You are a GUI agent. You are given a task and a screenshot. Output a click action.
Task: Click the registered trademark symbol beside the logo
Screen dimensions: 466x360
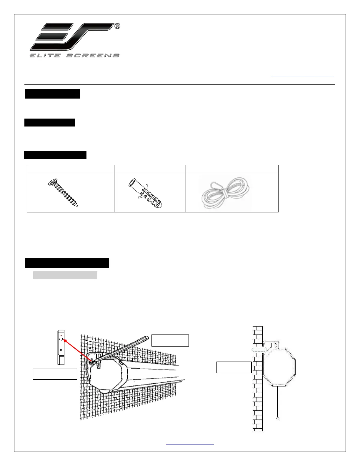click(116, 26)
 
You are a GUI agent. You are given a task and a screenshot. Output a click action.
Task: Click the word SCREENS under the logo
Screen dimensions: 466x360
click(93, 55)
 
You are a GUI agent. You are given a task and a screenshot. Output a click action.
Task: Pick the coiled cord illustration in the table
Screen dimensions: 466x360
click(225, 193)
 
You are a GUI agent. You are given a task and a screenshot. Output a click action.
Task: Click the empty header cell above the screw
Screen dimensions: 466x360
click(70, 169)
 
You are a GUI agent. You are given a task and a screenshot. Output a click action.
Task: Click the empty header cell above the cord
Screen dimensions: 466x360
click(232, 169)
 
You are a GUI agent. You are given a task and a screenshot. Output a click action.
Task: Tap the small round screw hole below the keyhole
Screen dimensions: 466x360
click(61, 350)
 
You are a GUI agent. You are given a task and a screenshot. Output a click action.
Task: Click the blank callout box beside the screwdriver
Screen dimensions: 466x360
click(170, 340)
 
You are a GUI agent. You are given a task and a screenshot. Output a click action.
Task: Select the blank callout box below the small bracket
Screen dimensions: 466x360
click(55, 374)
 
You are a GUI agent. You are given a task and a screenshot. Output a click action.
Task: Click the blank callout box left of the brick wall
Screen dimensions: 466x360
click(234, 367)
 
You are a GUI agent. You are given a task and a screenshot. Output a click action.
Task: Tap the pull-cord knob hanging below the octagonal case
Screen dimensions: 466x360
click(278, 418)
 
